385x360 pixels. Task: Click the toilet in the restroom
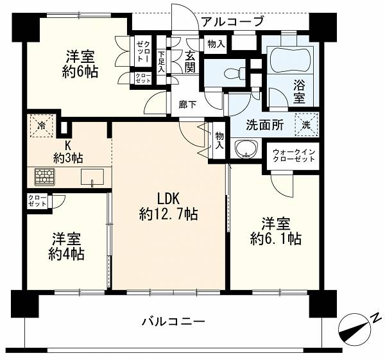[235, 74]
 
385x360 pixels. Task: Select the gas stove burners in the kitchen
[44, 176]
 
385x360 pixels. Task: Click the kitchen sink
[92, 177]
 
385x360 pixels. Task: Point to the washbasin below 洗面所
[246, 149]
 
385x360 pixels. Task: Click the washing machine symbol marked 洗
[306, 124]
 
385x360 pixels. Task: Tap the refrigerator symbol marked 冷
[42, 126]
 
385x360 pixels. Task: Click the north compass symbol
[355, 329]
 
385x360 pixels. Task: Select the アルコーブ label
[232, 21]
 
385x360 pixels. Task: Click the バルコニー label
[173, 321]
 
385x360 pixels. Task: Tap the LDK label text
[169, 199]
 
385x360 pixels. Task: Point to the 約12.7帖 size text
[168, 214]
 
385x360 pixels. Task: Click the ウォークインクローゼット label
[294, 155]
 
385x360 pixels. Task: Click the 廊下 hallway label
[187, 105]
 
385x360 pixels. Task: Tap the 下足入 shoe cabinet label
[161, 62]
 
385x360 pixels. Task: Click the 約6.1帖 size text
[276, 239]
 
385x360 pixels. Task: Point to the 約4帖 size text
[66, 254]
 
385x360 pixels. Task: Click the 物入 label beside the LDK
[219, 140]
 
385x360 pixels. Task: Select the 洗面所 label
[265, 125]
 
